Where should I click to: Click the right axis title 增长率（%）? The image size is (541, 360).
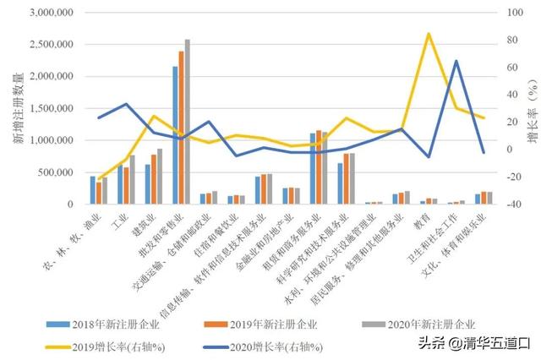[530, 108]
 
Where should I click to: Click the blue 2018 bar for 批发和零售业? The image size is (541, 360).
[175, 135]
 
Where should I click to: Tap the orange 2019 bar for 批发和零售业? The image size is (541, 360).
[181, 128]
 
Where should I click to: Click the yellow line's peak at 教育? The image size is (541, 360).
[429, 34]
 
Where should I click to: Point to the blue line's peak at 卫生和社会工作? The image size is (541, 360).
[456, 61]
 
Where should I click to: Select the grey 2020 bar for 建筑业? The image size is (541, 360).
[160, 176]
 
